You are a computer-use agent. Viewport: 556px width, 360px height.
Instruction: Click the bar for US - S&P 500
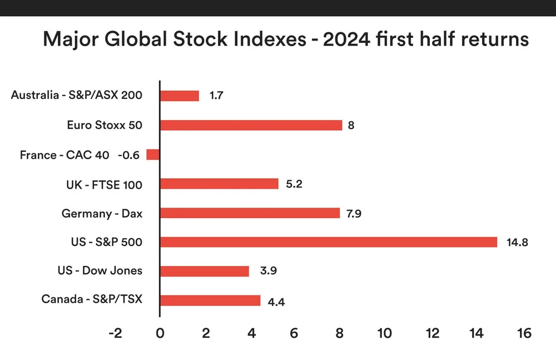(328, 242)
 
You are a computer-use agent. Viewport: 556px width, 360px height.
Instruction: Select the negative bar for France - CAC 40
(153, 155)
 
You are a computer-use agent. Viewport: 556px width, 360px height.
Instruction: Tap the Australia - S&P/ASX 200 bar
(179, 96)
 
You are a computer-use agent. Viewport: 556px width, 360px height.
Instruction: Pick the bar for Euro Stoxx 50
(251, 125)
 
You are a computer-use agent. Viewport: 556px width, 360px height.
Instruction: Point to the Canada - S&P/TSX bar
(210, 300)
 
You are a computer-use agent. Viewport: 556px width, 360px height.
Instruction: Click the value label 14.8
(517, 243)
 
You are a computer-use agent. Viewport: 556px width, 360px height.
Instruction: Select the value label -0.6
(128, 155)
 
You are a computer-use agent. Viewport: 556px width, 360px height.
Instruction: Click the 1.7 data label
(217, 96)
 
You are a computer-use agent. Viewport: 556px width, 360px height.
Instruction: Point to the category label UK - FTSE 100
(104, 184)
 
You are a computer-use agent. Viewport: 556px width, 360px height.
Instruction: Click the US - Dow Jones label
(100, 271)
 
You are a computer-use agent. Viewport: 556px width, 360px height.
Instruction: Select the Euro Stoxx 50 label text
(105, 125)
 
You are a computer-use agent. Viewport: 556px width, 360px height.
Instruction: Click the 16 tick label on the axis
(523, 333)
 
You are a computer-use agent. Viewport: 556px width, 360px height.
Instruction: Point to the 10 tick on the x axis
(384, 333)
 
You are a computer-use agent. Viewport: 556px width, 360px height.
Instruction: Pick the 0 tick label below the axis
(160, 333)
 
